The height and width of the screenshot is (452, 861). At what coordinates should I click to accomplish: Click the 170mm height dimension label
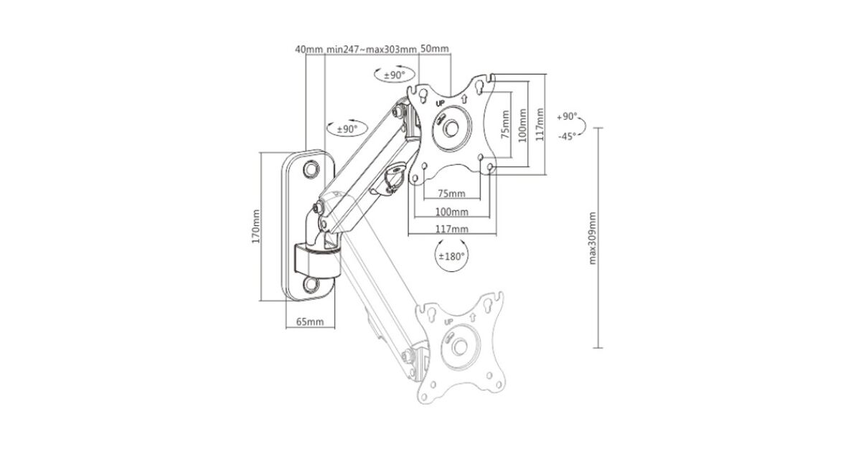pos(256,226)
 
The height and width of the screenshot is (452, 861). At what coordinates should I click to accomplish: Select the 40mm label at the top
pos(309,50)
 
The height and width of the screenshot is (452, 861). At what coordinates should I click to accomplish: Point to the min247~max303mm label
pos(371,50)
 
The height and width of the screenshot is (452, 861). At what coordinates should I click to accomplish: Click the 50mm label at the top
pos(435,50)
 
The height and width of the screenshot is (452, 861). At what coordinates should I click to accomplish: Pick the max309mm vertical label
pos(593,237)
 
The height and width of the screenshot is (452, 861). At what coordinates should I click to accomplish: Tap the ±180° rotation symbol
pos(451,255)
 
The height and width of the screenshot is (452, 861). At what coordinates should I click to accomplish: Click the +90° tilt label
pos(567,116)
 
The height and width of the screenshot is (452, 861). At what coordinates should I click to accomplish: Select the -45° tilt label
pos(567,136)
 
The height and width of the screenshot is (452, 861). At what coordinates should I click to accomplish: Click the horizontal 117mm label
pos(451,228)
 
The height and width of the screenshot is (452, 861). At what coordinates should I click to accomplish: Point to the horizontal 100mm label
pos(451,212)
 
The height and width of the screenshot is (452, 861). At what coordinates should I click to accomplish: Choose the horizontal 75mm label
pos(451,194)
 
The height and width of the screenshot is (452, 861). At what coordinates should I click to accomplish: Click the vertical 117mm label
pos(540,123)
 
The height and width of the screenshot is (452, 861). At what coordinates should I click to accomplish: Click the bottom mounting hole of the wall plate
pos(311,284)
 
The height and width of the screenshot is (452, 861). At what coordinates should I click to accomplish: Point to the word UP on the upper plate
pos(441,103)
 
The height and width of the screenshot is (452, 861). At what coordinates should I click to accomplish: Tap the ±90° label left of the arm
pos(347,130)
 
